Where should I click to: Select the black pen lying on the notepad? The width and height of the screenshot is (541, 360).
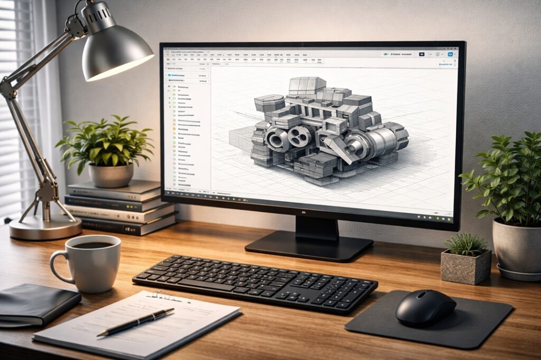pos(136,322)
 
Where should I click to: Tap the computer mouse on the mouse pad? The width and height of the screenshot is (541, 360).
pos(425,307)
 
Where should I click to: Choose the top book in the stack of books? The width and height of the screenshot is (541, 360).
pos(114,190)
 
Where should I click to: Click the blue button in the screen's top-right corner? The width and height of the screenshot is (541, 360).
pos(450,54)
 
